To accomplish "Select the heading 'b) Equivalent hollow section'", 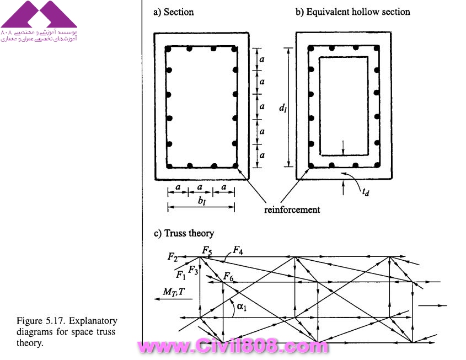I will (x=352, y=12).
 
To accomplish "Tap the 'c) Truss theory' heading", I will (x=184, y=233).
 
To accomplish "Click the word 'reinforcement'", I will (x=292, y=209).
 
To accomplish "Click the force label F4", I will (x=238, y=250).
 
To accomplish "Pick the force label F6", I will (x=228, y=275).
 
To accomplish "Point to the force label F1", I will (x=180, y=275).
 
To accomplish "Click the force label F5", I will (x=207, y=251).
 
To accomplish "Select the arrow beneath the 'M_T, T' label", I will (x=174, y=299).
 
